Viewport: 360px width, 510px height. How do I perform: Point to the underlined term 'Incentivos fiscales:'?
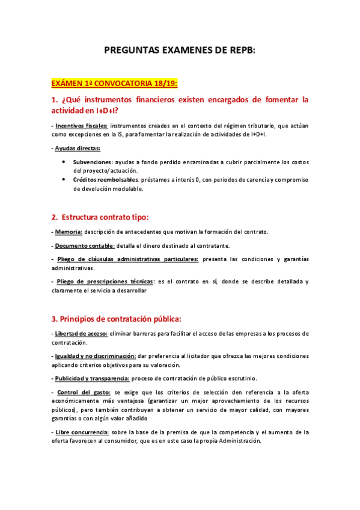pyautogui.click(x=82, y=126)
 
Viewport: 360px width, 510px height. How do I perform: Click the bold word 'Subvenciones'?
pyautogui.click(x=93, y=162)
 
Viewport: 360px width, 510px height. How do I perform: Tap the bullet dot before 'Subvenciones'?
pyautogui.click(x=64, y=162)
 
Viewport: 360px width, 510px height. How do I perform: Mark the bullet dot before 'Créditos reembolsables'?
pyautogui.click(x=64, y=179)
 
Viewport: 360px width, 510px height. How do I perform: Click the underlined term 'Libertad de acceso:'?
pyautogui.click(x=81, y=333)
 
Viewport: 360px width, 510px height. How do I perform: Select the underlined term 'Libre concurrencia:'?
pyautogui.click(x=82, y=432)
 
